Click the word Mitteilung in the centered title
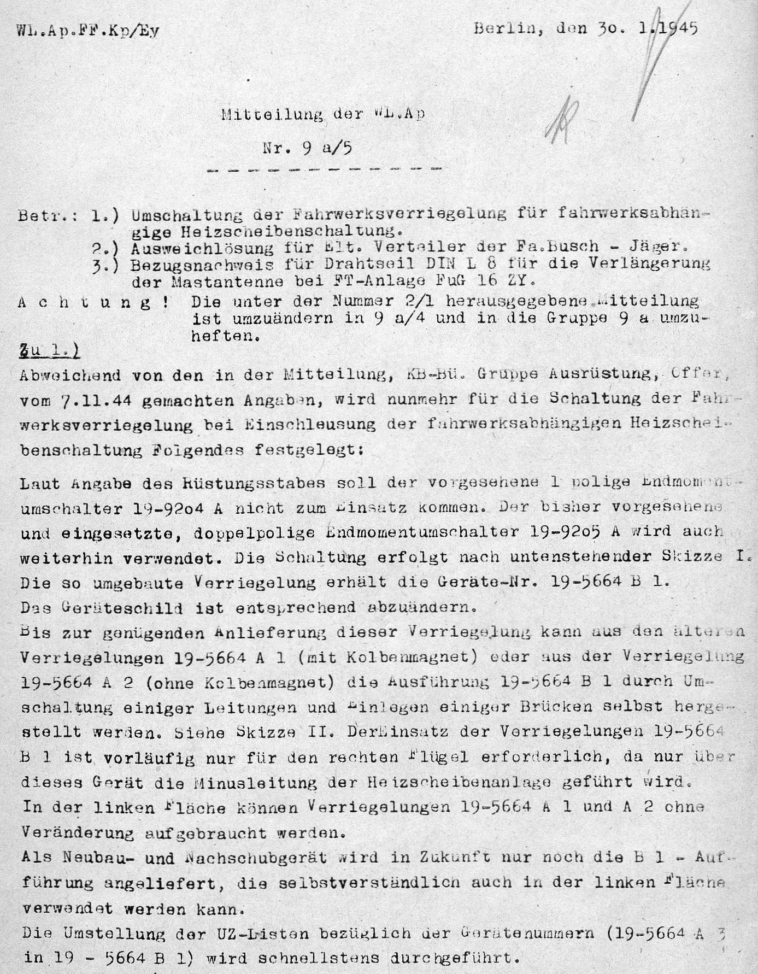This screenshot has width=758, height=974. pos(261,114)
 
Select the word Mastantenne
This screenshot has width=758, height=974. pos(240,283)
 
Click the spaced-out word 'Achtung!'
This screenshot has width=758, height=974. pos(93,302)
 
